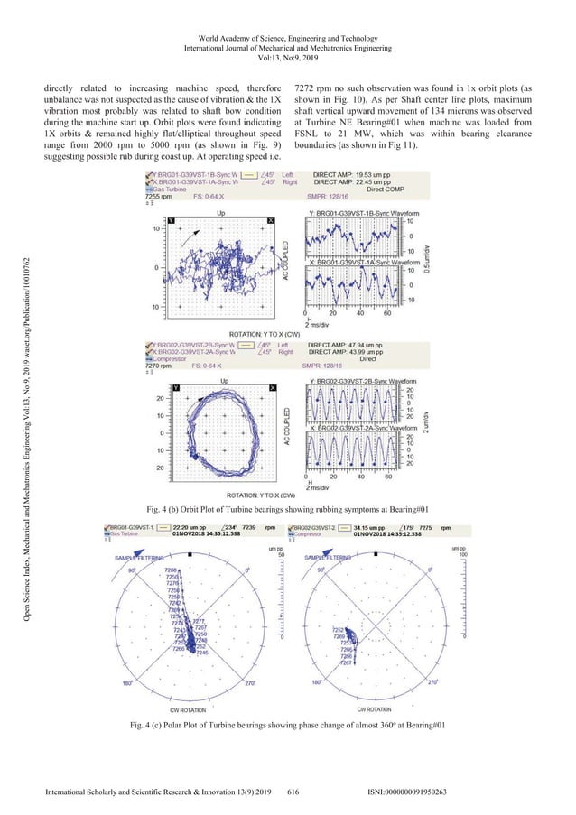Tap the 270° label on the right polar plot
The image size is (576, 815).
click(x=432, y=708)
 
